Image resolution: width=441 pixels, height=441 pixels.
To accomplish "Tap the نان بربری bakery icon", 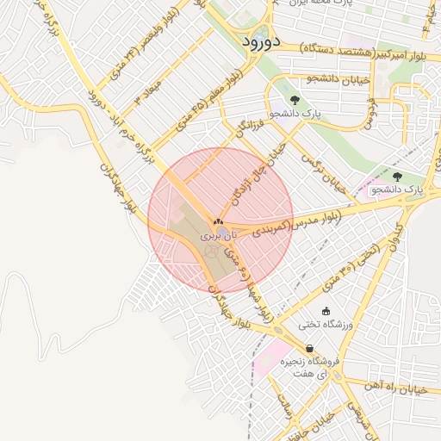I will coord(217,221).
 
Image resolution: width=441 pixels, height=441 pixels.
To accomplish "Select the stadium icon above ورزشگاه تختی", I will coord(326,312).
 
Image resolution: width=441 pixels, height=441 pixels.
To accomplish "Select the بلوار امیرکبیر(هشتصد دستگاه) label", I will coord(351,53).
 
